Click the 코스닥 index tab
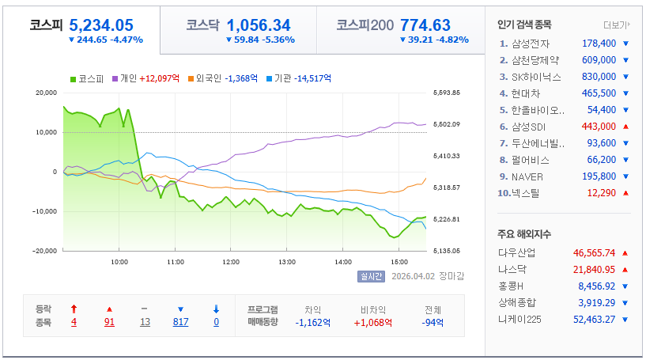238,30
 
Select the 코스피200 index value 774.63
425,25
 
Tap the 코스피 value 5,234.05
101,25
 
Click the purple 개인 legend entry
145,78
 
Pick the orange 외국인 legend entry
223,78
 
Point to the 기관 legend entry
299,78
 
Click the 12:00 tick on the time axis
231,262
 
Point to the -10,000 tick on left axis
44,211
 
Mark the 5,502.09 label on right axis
447,124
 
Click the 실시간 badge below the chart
371,276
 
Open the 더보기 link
617,25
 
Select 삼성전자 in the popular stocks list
531,44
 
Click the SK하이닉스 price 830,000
599,77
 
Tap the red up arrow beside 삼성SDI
625,127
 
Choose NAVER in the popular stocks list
527,177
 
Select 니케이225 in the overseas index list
519,320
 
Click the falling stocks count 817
180,322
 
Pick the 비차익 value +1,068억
373,323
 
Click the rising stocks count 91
109,322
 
